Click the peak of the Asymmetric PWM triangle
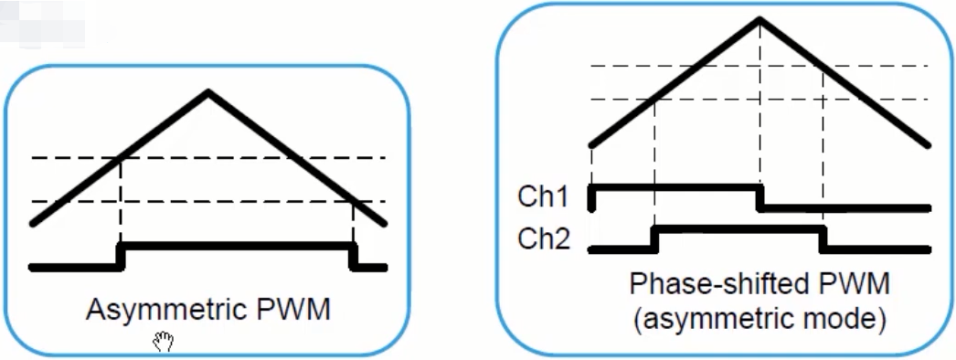tap(209, 91)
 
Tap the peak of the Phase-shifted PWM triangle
tap(759, 20)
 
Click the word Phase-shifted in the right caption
tap(705, 284)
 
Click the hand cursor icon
tap(164, 343)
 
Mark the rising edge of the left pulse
tap(121, 256)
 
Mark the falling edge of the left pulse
tap(354, 256)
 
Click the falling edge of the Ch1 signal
tap(760, 197)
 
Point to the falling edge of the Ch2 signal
tap(823, 238)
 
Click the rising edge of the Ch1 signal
tap(592, 197)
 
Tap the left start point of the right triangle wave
tap(592, 144)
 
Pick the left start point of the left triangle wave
tap(33, 222)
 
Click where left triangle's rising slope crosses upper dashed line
tap(122, 158)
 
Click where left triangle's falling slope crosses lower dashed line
tap(353, 201)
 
